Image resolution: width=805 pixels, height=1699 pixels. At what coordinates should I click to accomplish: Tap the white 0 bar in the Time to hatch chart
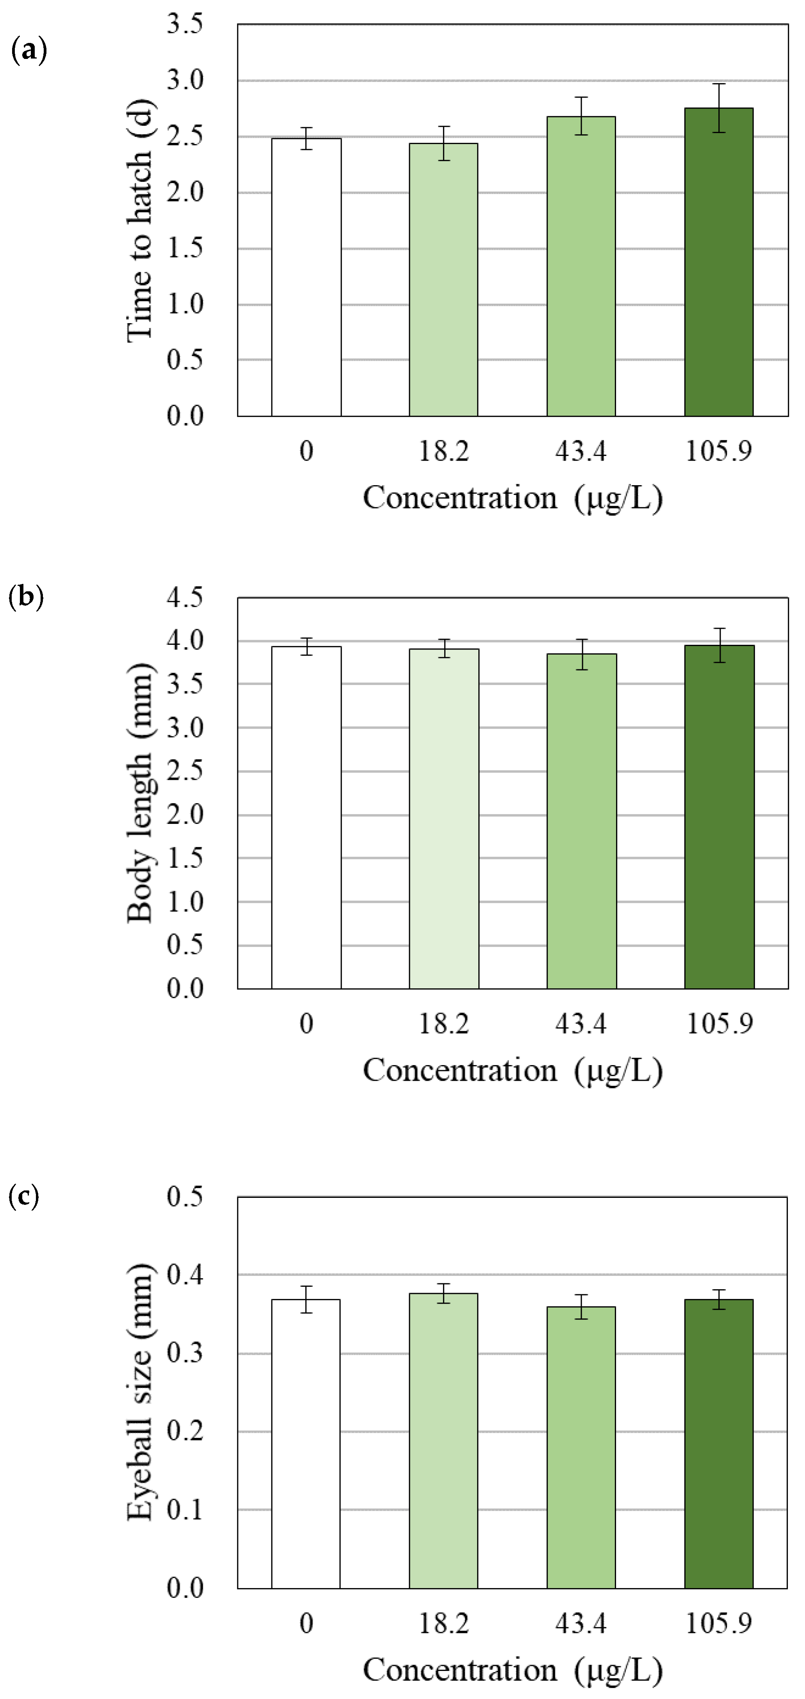[306, 277]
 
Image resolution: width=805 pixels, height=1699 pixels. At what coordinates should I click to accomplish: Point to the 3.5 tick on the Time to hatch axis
[185, 25]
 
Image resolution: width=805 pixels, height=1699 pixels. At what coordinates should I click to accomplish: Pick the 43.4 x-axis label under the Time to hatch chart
[581, 452]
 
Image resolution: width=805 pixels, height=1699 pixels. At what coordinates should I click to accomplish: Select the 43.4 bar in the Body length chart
[581, 821]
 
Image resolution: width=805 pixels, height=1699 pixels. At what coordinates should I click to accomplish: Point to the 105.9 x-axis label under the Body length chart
[719, 1024]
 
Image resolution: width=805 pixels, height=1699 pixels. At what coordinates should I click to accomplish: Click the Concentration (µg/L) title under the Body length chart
[513, 1070]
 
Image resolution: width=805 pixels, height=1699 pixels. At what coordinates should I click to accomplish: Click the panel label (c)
[25, 1195]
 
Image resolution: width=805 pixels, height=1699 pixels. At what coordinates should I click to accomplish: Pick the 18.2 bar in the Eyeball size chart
[443, 1441]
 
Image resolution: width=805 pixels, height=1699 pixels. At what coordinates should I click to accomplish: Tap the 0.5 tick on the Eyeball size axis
[185, 1196]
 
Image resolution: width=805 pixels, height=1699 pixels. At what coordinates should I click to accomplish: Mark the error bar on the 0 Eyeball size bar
[306, 1299]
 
